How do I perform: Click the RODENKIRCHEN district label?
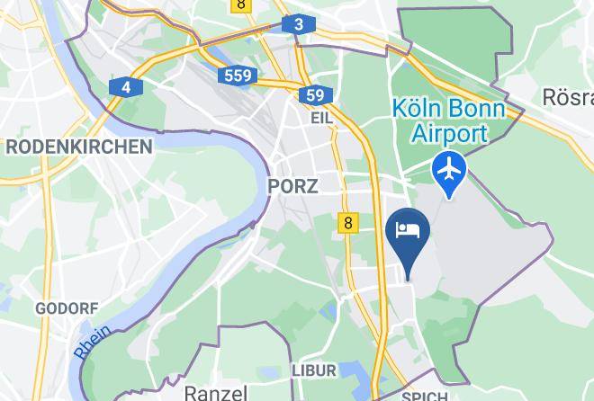point(79,147)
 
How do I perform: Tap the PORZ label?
point(292,186)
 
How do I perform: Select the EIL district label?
point(321,118)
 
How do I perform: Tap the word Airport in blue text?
point(449,134)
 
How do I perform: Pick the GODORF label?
point(67,308)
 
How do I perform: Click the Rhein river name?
point(92,343)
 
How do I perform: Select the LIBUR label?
point(314,370)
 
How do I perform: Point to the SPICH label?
point(424,397)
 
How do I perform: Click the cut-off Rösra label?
point(567,96)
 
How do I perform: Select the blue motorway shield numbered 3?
point(298,24)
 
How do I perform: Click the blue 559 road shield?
point(238,76)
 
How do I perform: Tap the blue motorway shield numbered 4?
point(126,87)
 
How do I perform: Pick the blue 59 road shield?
point(314,95)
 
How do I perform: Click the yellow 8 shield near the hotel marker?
point(348,222)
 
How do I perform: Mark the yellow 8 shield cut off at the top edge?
point(241,4)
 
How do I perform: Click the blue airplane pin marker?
point(448,170)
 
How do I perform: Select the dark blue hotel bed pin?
point(408,232)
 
